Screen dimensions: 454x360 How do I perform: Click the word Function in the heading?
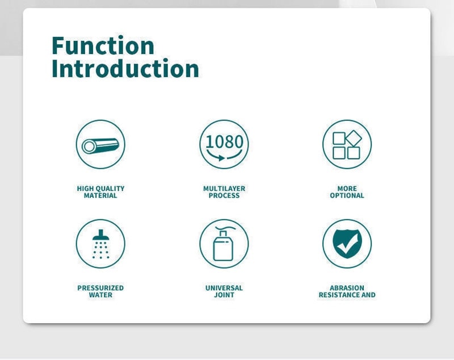coord(103,45)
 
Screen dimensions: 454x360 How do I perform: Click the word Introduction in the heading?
coord(125,68)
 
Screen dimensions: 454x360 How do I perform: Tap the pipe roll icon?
coord(100,145)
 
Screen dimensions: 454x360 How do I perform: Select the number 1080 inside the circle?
coord(224,141)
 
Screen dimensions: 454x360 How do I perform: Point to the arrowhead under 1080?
coord(221,158)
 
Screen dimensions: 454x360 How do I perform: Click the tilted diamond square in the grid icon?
coord(354,138)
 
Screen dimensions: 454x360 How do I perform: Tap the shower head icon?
coord(101,244)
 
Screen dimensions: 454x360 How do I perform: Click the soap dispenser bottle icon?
coord(224,244)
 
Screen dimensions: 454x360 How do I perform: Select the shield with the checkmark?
coord(347,244)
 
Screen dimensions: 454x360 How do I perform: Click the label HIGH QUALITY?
coord(100,189)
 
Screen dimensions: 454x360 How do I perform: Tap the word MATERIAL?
coord(100,195)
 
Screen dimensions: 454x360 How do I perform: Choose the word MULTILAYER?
coord(224,189)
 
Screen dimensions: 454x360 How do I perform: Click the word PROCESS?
coord(224,195)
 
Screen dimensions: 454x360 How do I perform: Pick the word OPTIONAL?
coord(347,195)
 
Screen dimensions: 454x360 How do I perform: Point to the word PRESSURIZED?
coord(100,288)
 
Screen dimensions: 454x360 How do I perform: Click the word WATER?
coord(100,295)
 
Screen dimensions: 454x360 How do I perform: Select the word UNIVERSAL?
coord(224,288)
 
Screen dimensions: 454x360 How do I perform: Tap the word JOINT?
coord(224,295)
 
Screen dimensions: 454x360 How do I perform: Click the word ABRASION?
coord(347,288)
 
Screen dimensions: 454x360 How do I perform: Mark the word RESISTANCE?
coord(339,295)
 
